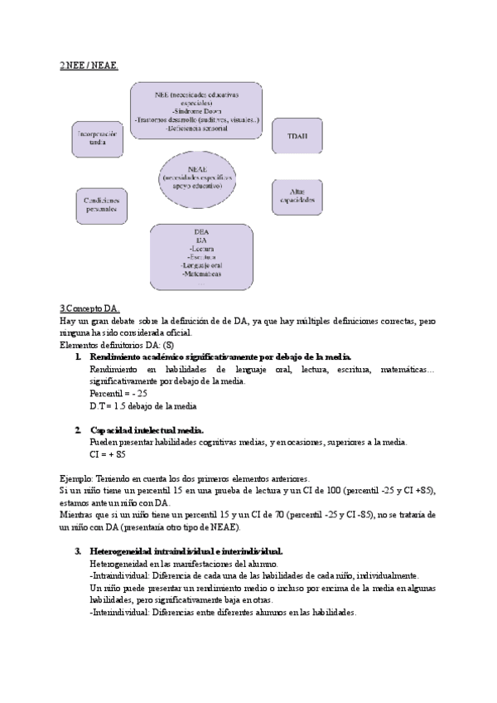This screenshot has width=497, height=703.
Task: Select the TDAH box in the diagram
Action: pyautogui.click(x=296, y=135)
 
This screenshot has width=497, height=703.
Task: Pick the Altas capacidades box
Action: pyautogui.click(x=296, y=196)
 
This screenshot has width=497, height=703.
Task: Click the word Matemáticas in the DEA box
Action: pyautogui.click(x=200, y=273)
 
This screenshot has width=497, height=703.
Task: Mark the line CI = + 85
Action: pyautogui.click(x=108, y=454)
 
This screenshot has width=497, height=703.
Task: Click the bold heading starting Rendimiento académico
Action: pyautogui.click(x=221, y=356)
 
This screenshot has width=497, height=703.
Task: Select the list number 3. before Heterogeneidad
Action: pyautogui.click(x=78, y=550)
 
